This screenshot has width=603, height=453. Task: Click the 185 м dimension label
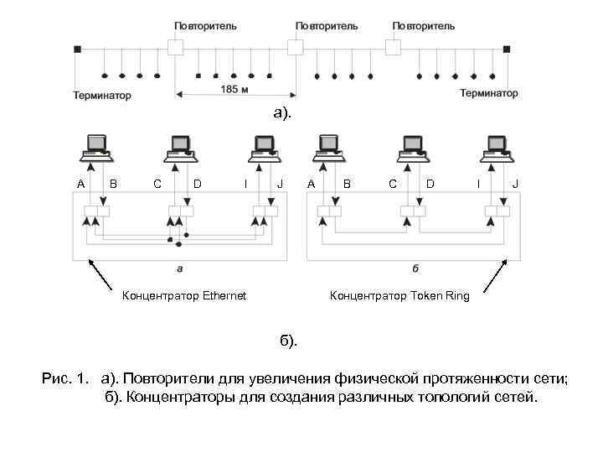coord(234,89)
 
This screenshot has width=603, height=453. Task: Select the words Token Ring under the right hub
coord(445,295)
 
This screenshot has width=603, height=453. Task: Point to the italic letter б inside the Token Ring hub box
coord(415,269)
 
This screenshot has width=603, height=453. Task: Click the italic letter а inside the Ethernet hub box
coord(181,269)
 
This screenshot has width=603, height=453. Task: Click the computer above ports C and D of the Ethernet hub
coord(180,148)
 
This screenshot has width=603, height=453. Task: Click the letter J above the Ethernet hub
coord(281,184)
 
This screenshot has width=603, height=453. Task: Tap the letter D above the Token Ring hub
coord(430,184)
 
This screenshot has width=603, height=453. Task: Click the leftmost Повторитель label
coord(205,26)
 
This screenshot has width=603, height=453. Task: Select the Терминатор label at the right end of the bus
coord(489,93)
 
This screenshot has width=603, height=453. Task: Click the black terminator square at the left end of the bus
coord(78,49)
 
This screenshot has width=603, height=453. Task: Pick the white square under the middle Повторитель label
coord(294,47)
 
